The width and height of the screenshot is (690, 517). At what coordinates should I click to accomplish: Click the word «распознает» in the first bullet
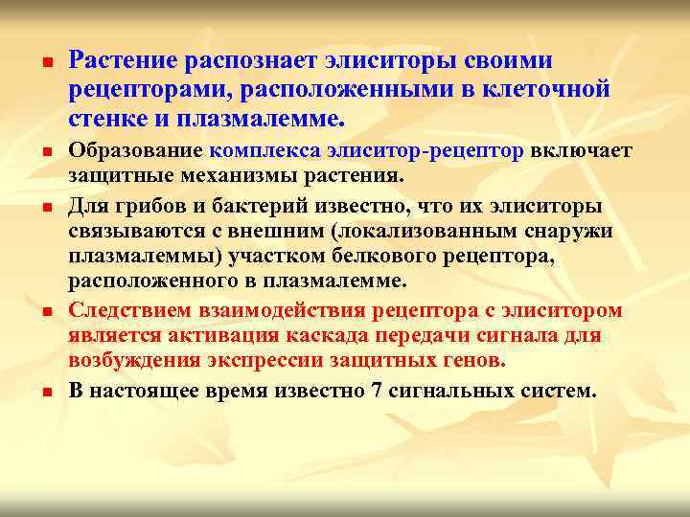click(x=241, y=62)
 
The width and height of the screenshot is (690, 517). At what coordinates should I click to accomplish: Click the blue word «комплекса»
click(x=267, y=151)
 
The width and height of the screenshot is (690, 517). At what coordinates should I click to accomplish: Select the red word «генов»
click(x=471, y=361)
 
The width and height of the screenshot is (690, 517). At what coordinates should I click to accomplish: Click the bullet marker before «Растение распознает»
click(x=45, y=64)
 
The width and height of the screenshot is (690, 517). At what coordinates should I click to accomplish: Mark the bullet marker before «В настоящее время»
click(x=45, y=393)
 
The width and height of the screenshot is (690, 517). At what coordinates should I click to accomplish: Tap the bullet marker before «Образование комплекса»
click(x=45, y=152)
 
